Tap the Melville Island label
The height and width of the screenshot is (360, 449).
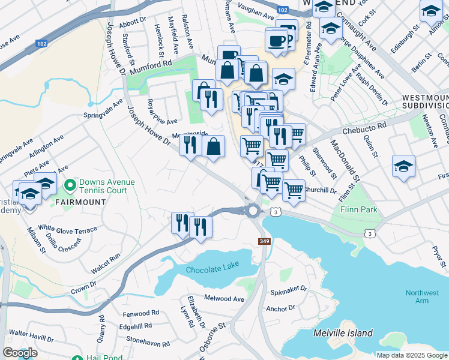click(x=343, y=333)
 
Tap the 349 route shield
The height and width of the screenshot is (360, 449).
click(x=265, y=241)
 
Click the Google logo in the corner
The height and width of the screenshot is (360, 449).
click(x=19, y=353)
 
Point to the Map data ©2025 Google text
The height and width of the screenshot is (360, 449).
click(x=411, y=355)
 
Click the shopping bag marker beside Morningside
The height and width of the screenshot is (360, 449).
click(x=214, y=146)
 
